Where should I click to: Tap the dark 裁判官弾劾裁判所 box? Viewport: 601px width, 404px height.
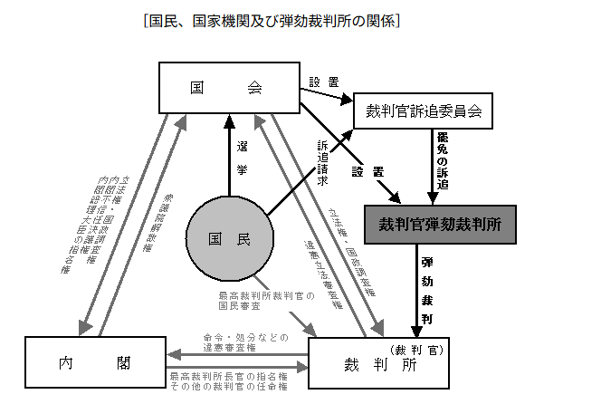[x=439, y=223]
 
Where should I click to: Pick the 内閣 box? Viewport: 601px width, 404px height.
[x=95, y=363]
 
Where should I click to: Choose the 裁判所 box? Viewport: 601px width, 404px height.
[x=378, y=363]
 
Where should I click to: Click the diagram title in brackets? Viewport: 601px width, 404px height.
[x=272, y=20]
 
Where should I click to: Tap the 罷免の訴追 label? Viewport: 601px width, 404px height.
[x=443, y=162]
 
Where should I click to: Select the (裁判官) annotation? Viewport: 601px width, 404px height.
[x=417, y=348]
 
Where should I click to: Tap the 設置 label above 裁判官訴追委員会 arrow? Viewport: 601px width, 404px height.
[x=322, y=82]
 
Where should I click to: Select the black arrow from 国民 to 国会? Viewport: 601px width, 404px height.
[x=229, y=154]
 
